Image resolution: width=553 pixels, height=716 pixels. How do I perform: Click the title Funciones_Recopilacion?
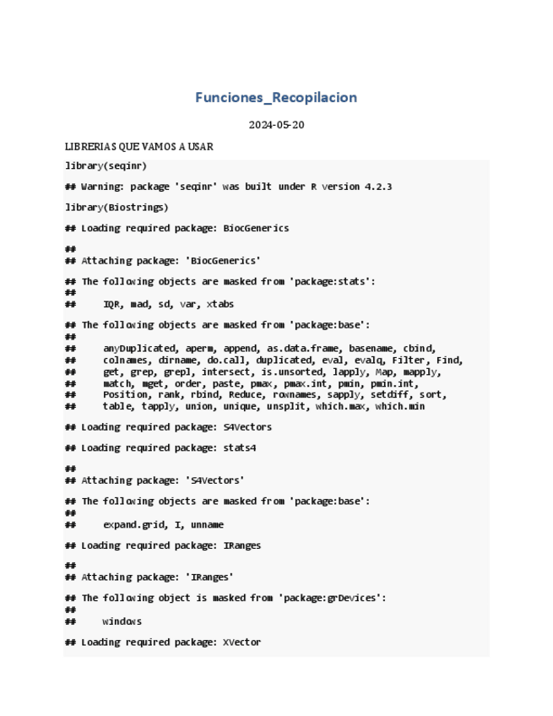click(276, 97)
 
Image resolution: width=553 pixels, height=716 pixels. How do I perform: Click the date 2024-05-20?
click(276, 125)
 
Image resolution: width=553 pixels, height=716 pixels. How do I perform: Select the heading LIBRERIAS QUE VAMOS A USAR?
click(139, 147)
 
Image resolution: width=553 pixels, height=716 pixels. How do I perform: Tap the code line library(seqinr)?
click(106, 165)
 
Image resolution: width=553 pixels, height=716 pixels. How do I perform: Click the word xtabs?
click(220, 304)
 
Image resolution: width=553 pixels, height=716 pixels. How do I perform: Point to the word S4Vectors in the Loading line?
click(247, 427)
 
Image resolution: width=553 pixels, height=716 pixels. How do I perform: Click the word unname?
click(207, 524)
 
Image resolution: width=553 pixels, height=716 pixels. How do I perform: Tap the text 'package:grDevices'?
click(338, 598)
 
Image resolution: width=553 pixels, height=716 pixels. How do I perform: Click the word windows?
click(122, 621)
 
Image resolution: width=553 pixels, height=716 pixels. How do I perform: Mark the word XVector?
click(241, 643)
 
